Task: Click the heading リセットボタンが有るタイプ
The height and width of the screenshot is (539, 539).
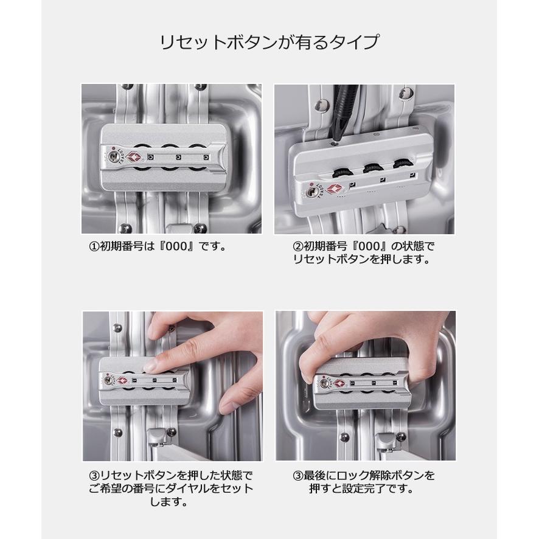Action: click(x=269, y=43)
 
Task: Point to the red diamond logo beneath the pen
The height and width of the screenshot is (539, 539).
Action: click(x=333, y=189)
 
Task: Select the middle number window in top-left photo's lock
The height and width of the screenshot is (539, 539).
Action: click(x=178, y=158)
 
